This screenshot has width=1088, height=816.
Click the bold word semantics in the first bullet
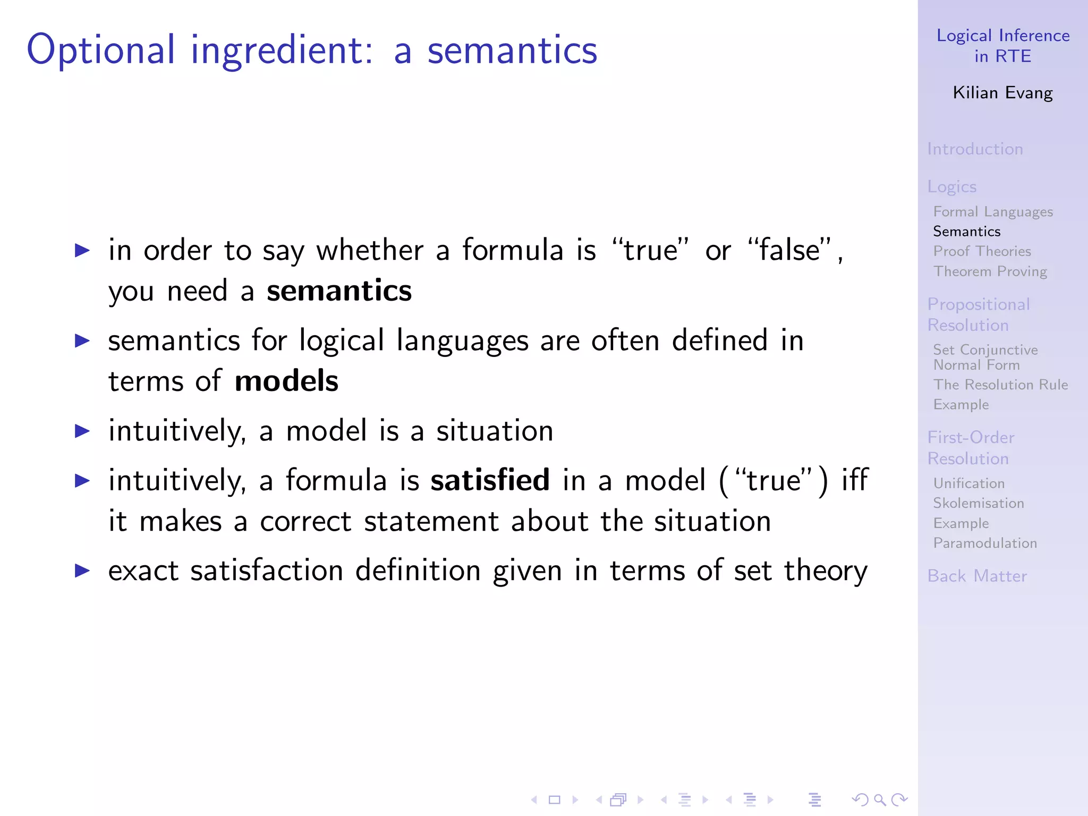(339, 291)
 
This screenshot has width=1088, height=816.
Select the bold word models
(286, 381)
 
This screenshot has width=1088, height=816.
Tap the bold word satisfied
(490, 480)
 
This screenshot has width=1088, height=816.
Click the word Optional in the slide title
(101, 50)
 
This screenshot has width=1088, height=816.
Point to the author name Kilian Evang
(1002, 93)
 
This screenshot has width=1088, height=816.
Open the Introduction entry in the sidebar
(975, 149)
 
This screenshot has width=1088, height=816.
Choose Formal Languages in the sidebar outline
(993, 212)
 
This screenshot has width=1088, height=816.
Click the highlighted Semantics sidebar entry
(967, 232)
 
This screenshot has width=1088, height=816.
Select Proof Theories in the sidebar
(982, 251)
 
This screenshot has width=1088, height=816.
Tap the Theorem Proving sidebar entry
(990, 271)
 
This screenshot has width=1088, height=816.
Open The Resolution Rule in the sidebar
(1000, 385)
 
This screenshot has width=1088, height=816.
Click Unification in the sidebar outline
(969, 483)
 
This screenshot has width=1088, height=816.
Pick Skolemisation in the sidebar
(979, 503)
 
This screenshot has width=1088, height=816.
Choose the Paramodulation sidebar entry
(985, 543)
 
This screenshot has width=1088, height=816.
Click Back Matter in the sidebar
(977, 576)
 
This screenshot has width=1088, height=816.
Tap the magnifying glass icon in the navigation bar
(880, 800)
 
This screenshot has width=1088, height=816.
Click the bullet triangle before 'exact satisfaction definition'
(82, 571)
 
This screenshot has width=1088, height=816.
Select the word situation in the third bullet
(495, 431)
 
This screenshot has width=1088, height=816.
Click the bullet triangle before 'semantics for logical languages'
(82, 341)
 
